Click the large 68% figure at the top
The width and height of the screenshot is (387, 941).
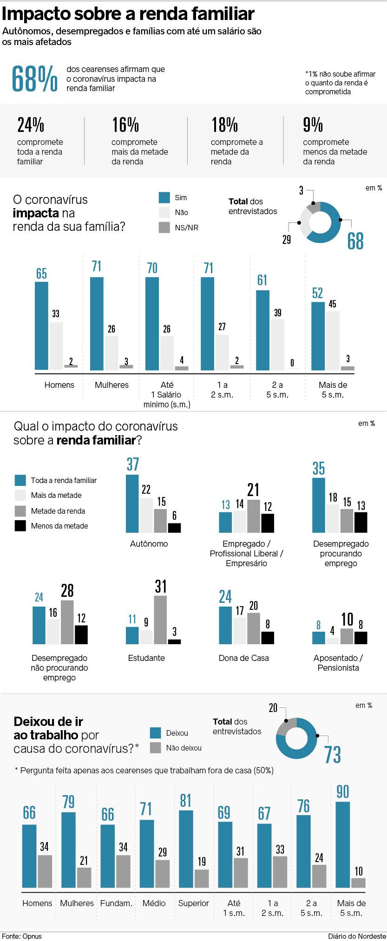point(35,79)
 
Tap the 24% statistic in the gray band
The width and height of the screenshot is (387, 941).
point(31,125)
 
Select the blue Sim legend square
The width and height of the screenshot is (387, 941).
point(164,197)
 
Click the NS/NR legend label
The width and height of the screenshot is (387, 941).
point(186,228)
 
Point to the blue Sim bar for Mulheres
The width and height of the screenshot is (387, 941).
point(97,323)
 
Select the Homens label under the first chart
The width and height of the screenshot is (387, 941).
point(59,385)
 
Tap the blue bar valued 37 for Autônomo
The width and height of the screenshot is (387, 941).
point(132,503)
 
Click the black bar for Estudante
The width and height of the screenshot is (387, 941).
point(174,641)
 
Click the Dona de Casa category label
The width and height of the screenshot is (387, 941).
point(243,658)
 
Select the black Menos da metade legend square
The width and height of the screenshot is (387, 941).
point(20,526)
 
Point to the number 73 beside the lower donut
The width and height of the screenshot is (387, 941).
point(333,755)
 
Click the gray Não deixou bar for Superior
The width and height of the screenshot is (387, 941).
point(202,878)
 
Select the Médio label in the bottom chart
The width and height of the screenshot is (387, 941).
point(154,903)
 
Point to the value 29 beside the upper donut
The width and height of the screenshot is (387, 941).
point(287,240)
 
